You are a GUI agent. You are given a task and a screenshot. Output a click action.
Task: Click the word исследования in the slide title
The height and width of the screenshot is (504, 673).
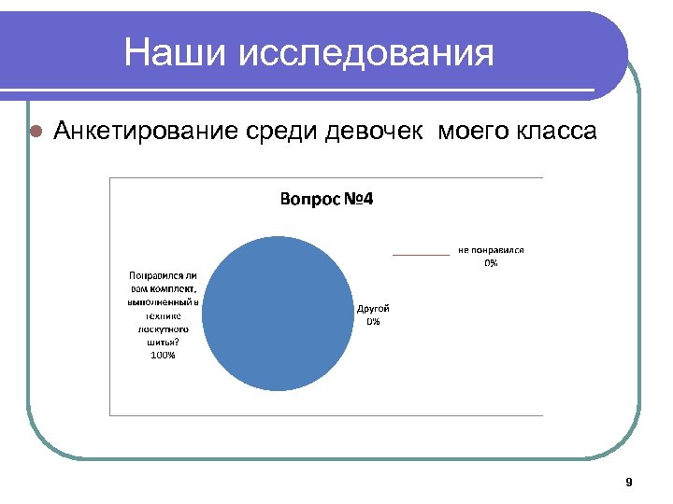click(366, 53)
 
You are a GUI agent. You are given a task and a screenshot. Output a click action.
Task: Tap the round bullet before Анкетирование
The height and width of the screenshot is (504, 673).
click(36, 131)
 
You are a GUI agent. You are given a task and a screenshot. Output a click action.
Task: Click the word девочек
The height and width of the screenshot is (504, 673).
click(374, 131)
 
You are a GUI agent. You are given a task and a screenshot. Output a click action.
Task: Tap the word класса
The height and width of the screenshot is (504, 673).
click(555, 131)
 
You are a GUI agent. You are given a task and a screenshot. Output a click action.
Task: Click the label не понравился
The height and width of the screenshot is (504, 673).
click(491, 250)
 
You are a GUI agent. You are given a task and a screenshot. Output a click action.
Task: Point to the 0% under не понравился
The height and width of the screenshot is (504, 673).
click(491, 262)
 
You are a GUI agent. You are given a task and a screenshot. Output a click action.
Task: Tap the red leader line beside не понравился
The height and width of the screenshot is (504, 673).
click(420, 254)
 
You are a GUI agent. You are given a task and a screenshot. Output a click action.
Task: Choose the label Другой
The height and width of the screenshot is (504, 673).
click(373, 309)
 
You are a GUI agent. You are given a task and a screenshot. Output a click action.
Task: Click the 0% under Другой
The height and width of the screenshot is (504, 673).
click(373, 321)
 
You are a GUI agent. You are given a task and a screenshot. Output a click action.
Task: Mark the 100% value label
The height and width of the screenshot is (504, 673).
click(163, 355)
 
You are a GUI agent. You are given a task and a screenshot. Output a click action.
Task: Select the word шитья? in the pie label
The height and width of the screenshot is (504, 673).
click(163, 342)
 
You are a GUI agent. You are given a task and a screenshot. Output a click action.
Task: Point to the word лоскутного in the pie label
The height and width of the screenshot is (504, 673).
click(163, 329)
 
